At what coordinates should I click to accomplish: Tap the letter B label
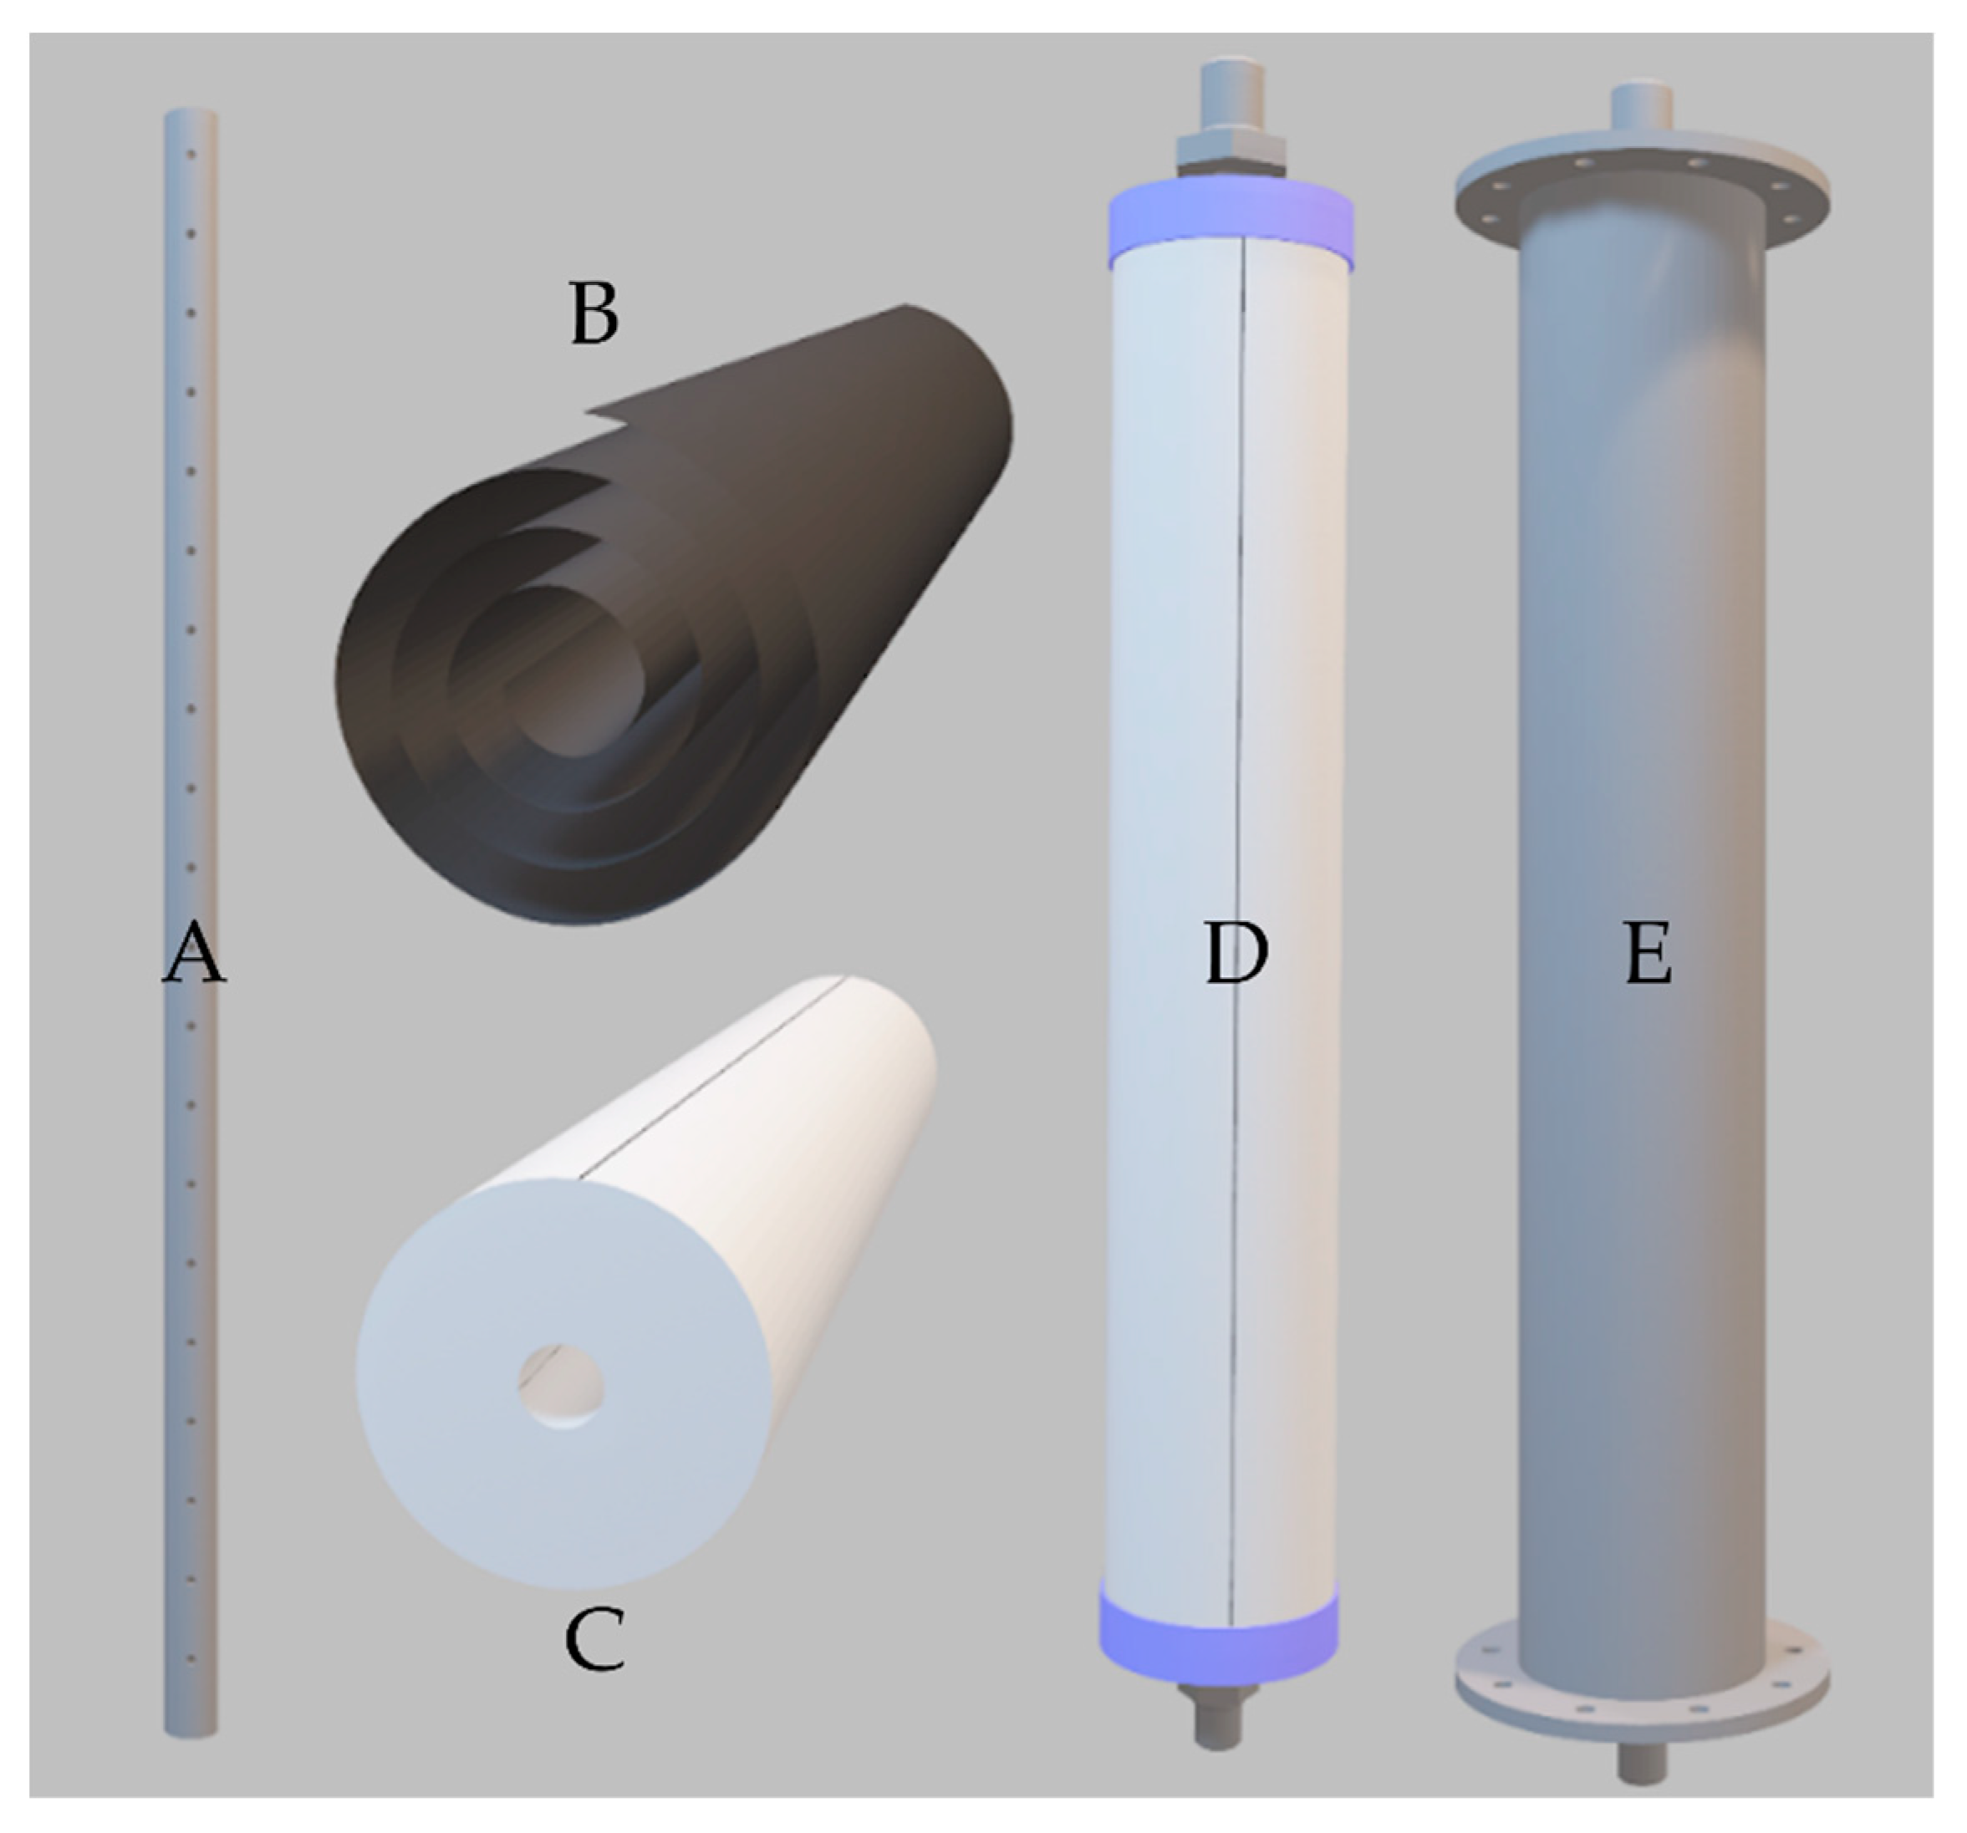click(594, 314)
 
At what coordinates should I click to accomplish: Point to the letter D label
click(1237, 956)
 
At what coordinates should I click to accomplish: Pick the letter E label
click(1649, 956)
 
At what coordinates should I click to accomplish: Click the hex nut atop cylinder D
click(1230, 151)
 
